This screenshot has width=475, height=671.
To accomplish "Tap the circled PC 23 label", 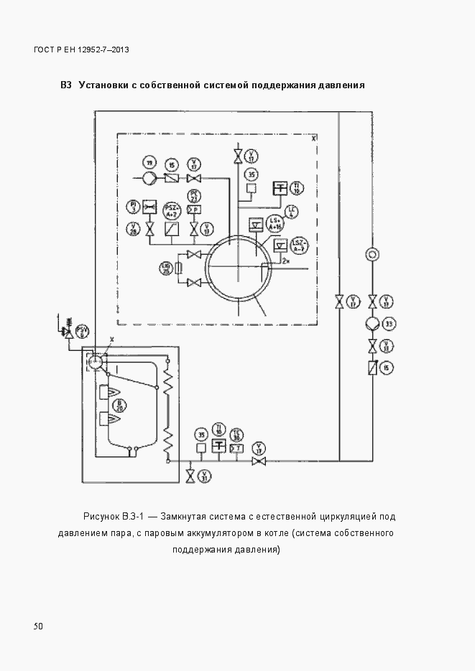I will point(194,195).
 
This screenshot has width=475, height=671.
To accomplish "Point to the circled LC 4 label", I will point(292,210).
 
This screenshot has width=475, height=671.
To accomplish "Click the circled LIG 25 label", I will point(165,268).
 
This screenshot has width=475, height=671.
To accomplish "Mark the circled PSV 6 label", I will point(83,332).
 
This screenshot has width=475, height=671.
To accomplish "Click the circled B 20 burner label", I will point(134,406).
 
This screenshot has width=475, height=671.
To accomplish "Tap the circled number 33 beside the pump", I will point(389,324).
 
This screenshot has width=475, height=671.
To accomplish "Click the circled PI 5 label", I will point(133,207).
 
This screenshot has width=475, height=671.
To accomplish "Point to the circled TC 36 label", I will point(237,435).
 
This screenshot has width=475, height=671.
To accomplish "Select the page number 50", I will point(38,627).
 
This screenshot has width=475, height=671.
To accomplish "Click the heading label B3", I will point(66,85).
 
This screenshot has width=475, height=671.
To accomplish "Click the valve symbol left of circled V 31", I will point(190,476).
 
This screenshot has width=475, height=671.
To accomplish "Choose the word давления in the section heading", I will point(344,85).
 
